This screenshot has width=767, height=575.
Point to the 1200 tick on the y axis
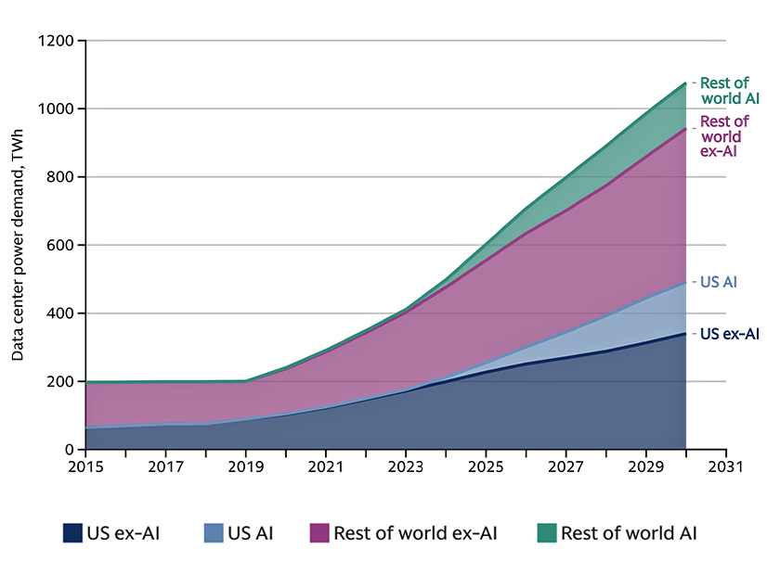click(x=55, y=41)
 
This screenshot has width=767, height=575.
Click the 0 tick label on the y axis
click(x=69, y=450)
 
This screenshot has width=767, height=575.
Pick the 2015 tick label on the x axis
click(x=85, y=468)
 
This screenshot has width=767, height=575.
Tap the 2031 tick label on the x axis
click(x=725, y=468)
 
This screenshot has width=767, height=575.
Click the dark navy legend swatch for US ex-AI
click(x=73, y=533)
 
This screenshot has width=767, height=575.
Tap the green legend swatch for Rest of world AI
click(x=546, y=533)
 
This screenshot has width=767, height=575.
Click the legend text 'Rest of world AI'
click(x=630, y=533)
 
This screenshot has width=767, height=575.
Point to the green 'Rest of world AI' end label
click(x=724, y=91)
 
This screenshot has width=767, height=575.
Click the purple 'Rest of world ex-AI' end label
click(x=724, y=135)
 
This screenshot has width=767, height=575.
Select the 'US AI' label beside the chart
click(x=718, y=282)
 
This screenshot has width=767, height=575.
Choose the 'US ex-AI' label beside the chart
click(x=729, y=334)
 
